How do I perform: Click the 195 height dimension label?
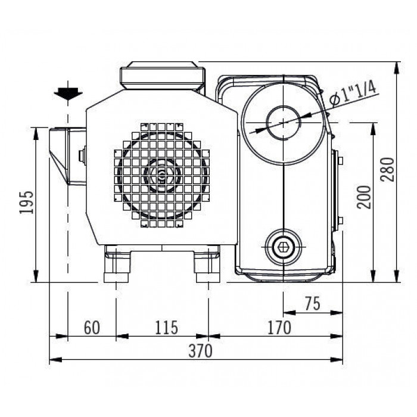tap(27, 202)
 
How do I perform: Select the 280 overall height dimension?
tap(387, 170)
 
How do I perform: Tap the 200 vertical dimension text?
tap(364, 197)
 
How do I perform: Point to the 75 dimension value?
tap(313, 303)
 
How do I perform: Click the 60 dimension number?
tap(92, 328)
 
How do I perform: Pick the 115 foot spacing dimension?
tap(166, 328)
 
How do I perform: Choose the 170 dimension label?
tap(279, 328)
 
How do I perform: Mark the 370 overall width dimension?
tap(201, 351)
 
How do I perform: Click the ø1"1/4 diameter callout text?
tap(353, 93)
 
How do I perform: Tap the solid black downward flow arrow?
tap(68, 94)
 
